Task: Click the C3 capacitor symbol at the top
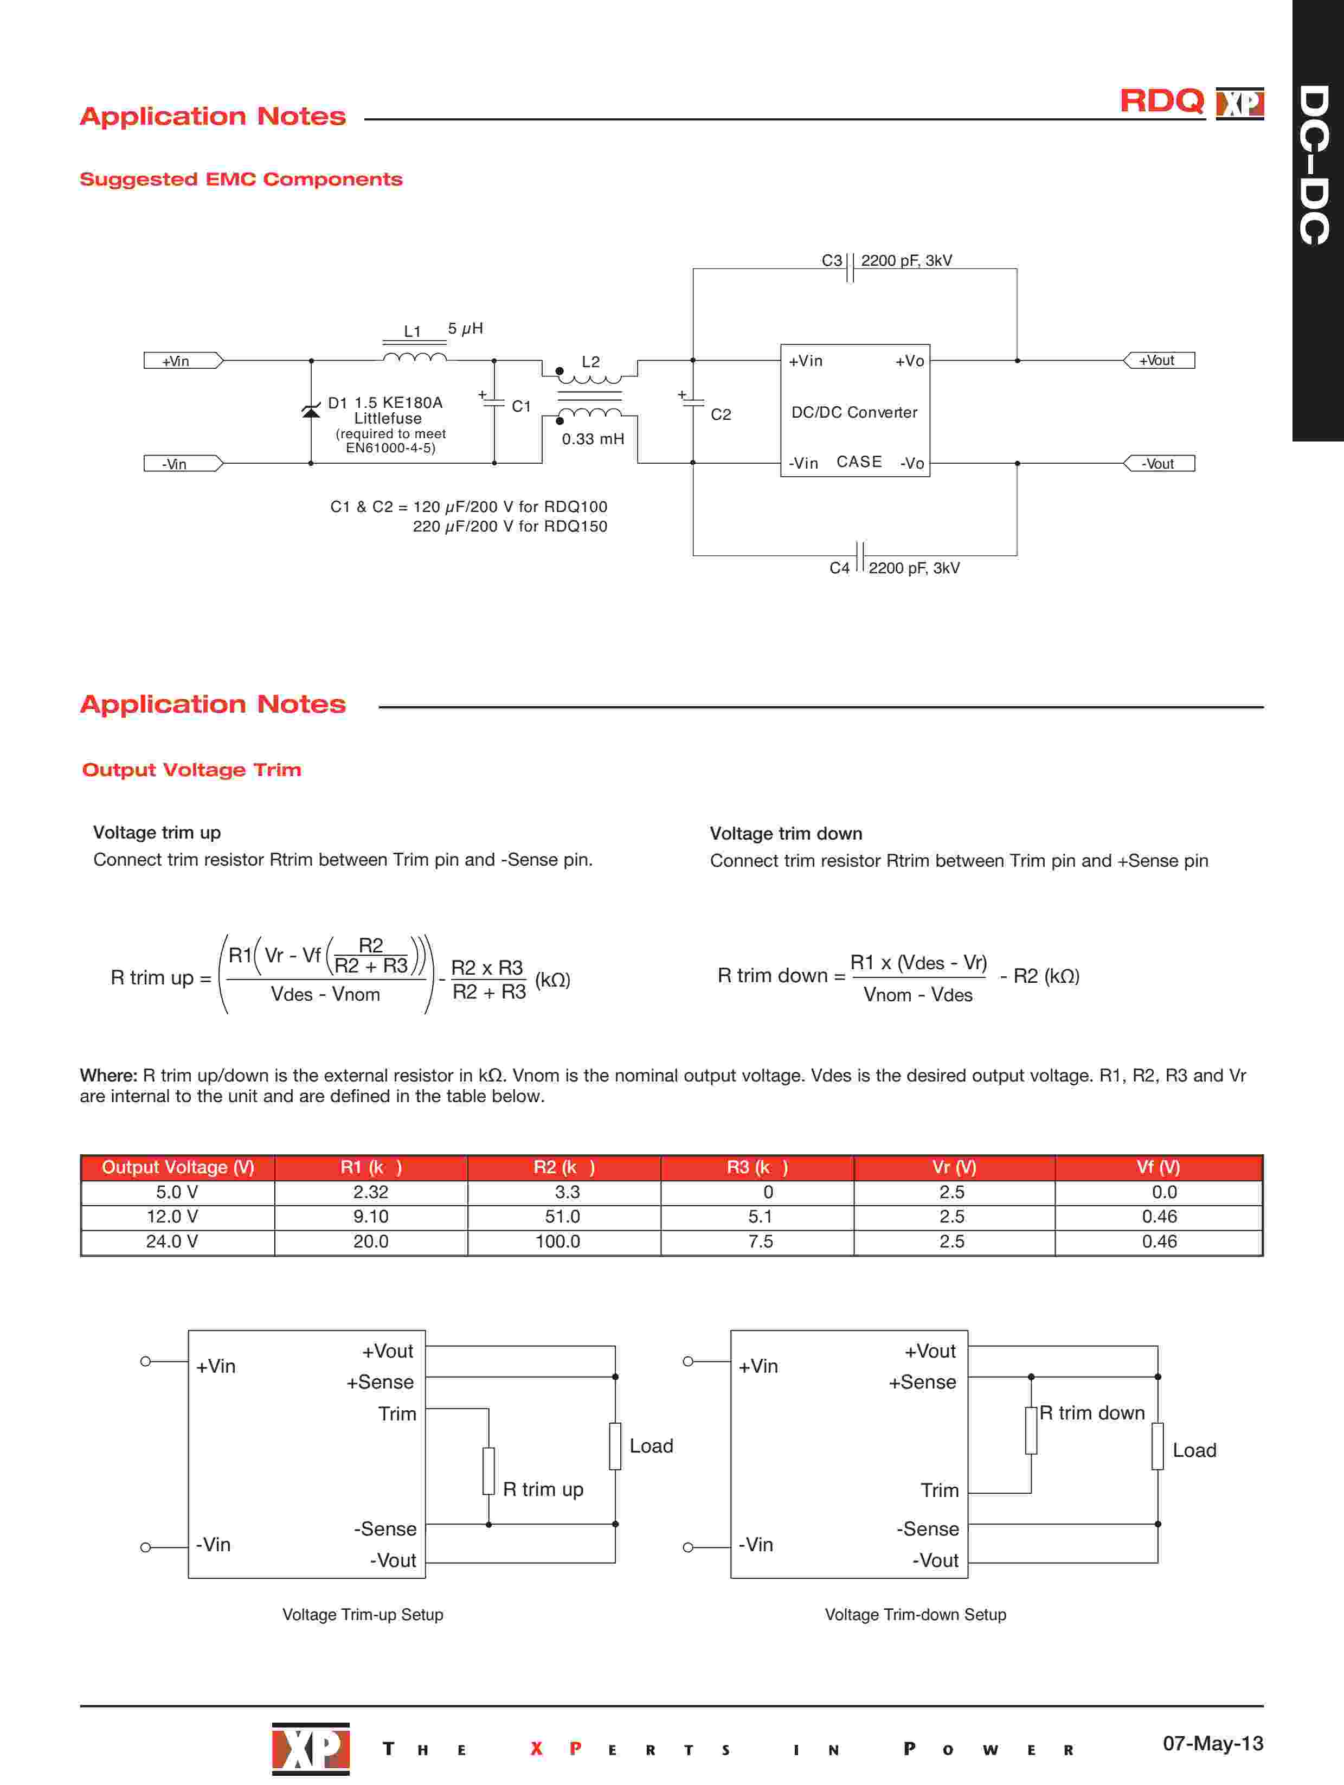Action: click(850, 268)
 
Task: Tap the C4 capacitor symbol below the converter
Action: click(860, 556)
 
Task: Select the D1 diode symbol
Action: click(311, 412)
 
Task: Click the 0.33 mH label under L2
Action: click(593, 439)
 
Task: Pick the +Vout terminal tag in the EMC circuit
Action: click(1159, 361)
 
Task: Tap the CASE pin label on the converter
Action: click(859, 462)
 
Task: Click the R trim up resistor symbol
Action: click(488, 1471)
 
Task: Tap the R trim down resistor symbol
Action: click(1031, 1431)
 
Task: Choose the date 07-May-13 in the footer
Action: click(1212, 1743)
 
